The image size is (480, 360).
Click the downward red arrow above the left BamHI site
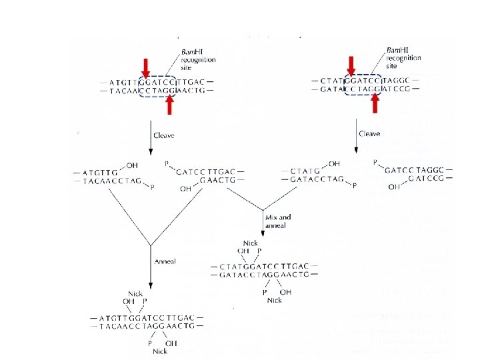coord(145,67)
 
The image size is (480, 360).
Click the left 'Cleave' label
coord(163,135)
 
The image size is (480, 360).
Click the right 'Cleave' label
coord(369,134)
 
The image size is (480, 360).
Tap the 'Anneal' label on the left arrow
coord(164,261)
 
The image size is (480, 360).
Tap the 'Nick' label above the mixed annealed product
coord(251,244)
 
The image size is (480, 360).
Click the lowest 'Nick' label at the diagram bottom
coord(159,351)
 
